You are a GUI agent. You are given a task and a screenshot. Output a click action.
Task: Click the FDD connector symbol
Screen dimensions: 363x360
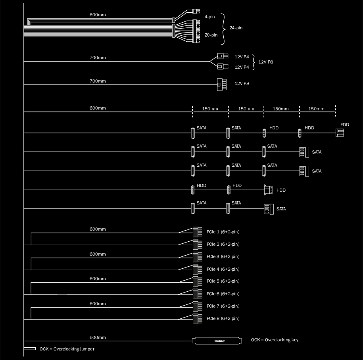tap(340, 133)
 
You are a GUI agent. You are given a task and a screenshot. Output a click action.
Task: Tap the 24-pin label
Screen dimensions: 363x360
tap(236, 28)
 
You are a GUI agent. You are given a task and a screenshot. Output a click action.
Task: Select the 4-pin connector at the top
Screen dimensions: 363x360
tap(196, 11)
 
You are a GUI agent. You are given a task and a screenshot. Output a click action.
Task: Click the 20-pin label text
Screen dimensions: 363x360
tap(211, 35)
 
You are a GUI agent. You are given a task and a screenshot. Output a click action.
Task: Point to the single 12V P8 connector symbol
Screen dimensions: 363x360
tap(221, 85)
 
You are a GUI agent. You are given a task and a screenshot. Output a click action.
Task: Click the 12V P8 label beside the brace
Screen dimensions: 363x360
tap(265, 62)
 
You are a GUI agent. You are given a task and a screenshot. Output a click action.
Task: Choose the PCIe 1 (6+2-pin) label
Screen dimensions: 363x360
tap(223, 232)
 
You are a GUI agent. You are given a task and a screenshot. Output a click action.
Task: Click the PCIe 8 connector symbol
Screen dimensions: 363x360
tap(198, 319)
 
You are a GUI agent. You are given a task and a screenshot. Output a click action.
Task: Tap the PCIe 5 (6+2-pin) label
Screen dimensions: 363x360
tap(223, 281)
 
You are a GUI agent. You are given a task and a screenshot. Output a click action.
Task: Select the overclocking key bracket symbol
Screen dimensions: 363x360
tap(217, 341)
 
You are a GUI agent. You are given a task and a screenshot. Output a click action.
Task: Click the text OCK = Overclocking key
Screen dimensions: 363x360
tap(275, 340)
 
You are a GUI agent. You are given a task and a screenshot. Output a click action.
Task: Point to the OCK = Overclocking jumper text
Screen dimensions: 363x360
tap(67, 349)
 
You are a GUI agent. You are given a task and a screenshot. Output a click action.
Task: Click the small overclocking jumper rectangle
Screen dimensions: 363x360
tap(30, 349)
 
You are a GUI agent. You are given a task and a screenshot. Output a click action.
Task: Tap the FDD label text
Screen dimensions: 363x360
tap(344, 125)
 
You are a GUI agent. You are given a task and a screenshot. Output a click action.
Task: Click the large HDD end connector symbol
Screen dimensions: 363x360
tap(268, 190)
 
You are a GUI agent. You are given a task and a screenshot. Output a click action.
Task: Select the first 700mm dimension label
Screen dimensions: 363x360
tap(98, 58)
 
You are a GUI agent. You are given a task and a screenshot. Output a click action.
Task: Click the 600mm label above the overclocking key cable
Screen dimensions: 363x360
tap(98, 337)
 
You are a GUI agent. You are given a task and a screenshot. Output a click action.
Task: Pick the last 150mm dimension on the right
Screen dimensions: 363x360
tap(316, 109)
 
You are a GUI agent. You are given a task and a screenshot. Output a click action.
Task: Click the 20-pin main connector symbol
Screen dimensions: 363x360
tap(196, 31)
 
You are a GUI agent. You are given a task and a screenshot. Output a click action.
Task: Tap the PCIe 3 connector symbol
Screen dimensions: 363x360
tap(198, 257)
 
